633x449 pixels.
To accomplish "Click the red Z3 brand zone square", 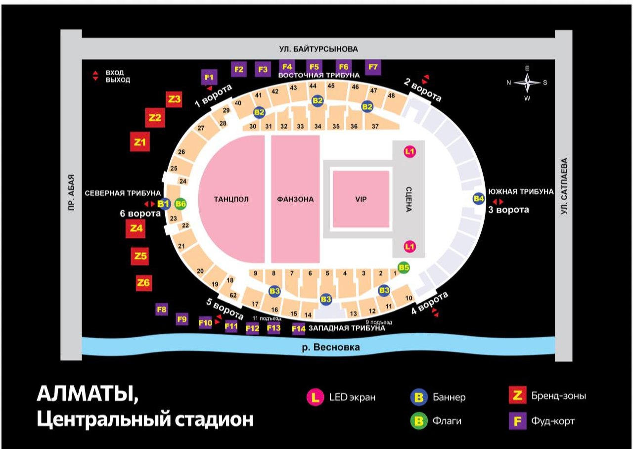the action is pos(174,99).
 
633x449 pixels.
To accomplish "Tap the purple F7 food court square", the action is pos(373,67).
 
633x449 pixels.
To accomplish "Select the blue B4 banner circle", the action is pos(479,199).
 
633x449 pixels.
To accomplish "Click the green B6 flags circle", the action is pos(181,204).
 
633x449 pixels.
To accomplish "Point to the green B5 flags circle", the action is pos(404,268).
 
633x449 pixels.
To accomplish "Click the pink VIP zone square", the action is pos(361,199).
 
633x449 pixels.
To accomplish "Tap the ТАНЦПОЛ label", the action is pos(231,199).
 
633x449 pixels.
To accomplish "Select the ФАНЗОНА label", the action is pos(295,199).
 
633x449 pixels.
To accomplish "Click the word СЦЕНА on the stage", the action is pos(408,199).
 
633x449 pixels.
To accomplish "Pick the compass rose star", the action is pos(527,83).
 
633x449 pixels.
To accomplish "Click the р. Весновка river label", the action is pos(331,347).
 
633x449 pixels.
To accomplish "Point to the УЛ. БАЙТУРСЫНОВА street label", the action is pos(318,49).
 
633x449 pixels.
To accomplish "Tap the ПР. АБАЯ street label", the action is pos(72,192).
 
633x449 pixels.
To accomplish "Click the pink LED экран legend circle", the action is pos(315,397).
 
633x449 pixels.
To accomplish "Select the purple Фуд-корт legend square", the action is pos(517,421).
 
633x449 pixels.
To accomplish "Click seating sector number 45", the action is pos(331,86).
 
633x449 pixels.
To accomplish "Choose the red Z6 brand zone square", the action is pos(143,283).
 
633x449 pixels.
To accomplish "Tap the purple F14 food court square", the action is pos(298,329).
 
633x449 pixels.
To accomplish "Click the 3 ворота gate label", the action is pos(509,210).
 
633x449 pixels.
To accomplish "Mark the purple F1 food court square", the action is pos(209,77).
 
